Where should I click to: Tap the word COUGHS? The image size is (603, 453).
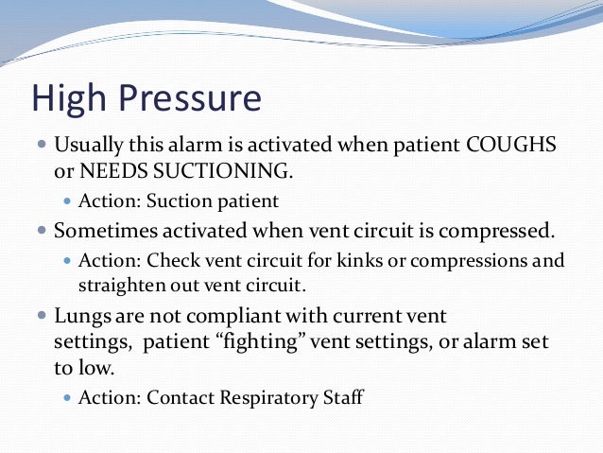(x=511, y=148)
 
